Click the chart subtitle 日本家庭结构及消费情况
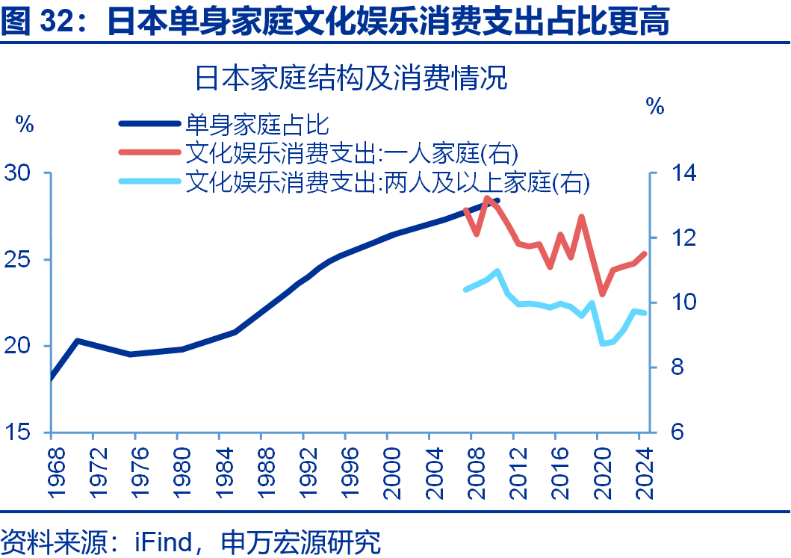tap(351, 78)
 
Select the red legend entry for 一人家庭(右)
tap(351, 152)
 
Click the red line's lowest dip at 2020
tap(602, 294)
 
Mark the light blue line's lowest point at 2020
tap(603, 344)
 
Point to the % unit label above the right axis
tap(655, 108)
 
